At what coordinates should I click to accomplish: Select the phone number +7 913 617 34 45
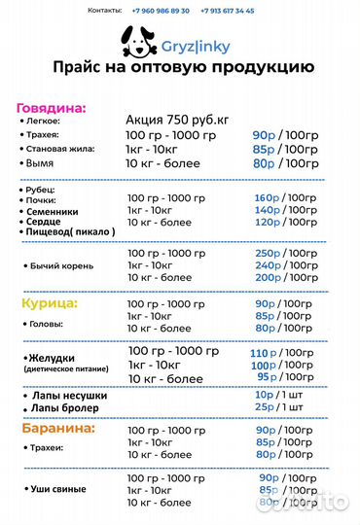tap(227, 10)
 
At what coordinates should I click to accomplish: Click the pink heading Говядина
tap(51, 107)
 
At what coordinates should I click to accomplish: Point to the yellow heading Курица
tap(49, 303)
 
